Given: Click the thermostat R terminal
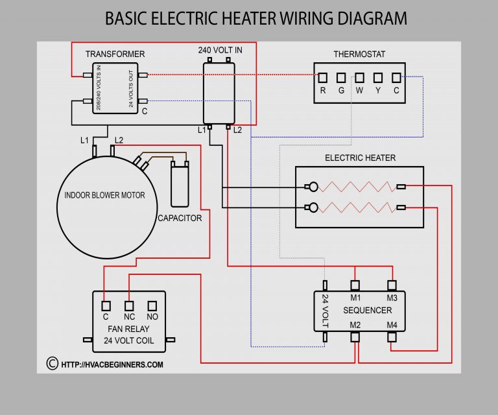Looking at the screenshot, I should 322,77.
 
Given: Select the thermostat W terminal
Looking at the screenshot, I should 359,77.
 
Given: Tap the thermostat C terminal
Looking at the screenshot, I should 396,77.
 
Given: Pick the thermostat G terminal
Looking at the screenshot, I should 340,77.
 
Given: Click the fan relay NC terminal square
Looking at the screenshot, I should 128,305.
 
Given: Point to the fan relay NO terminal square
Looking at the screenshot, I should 152,305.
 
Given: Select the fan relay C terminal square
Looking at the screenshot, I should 105,305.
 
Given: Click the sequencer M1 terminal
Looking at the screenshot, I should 355,285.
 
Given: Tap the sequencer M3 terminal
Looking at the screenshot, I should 392,285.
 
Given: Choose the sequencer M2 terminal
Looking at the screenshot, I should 355,337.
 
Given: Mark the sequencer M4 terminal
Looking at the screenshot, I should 392,337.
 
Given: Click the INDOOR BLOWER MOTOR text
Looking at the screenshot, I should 104,195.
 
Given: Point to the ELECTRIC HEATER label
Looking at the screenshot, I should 360,158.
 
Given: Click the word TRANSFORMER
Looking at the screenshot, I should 115,54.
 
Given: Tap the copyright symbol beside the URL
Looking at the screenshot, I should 52,364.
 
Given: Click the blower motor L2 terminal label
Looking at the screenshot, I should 119,140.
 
